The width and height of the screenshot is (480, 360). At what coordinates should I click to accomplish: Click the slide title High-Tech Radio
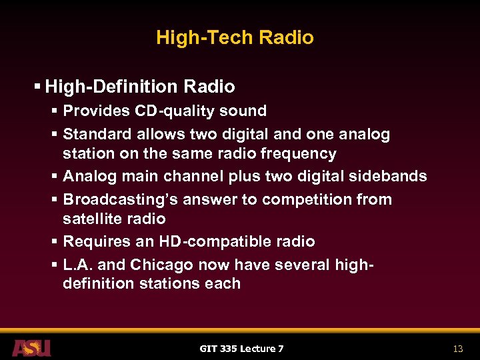235,37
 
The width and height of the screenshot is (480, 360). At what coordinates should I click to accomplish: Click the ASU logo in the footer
31,348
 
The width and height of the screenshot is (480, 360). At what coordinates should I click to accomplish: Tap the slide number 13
457,349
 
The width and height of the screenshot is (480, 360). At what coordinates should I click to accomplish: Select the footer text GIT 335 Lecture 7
241,349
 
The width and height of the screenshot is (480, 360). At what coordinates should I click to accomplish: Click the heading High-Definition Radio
140,87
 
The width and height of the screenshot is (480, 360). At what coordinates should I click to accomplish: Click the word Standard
97,135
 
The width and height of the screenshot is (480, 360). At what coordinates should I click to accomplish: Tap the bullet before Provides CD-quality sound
55,111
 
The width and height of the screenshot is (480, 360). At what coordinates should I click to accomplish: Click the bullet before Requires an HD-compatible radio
55,242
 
